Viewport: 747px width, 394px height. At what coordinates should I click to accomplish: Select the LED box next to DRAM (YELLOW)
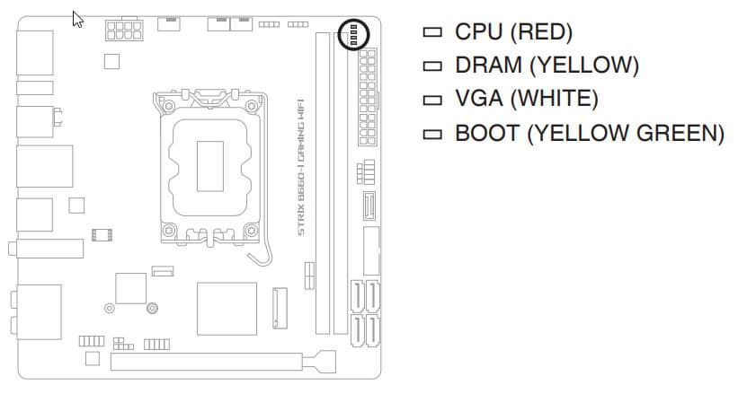click(434, 66)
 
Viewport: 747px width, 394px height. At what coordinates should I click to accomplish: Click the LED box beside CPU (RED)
click(434, 32)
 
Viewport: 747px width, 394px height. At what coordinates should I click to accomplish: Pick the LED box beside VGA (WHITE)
click(434, 99)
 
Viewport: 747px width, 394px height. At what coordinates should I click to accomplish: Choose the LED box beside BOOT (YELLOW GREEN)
click(434, 133)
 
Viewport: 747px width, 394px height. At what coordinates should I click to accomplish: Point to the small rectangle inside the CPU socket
click(208, 166)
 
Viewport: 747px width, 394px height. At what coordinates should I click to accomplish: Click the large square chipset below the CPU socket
click(226, 310)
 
